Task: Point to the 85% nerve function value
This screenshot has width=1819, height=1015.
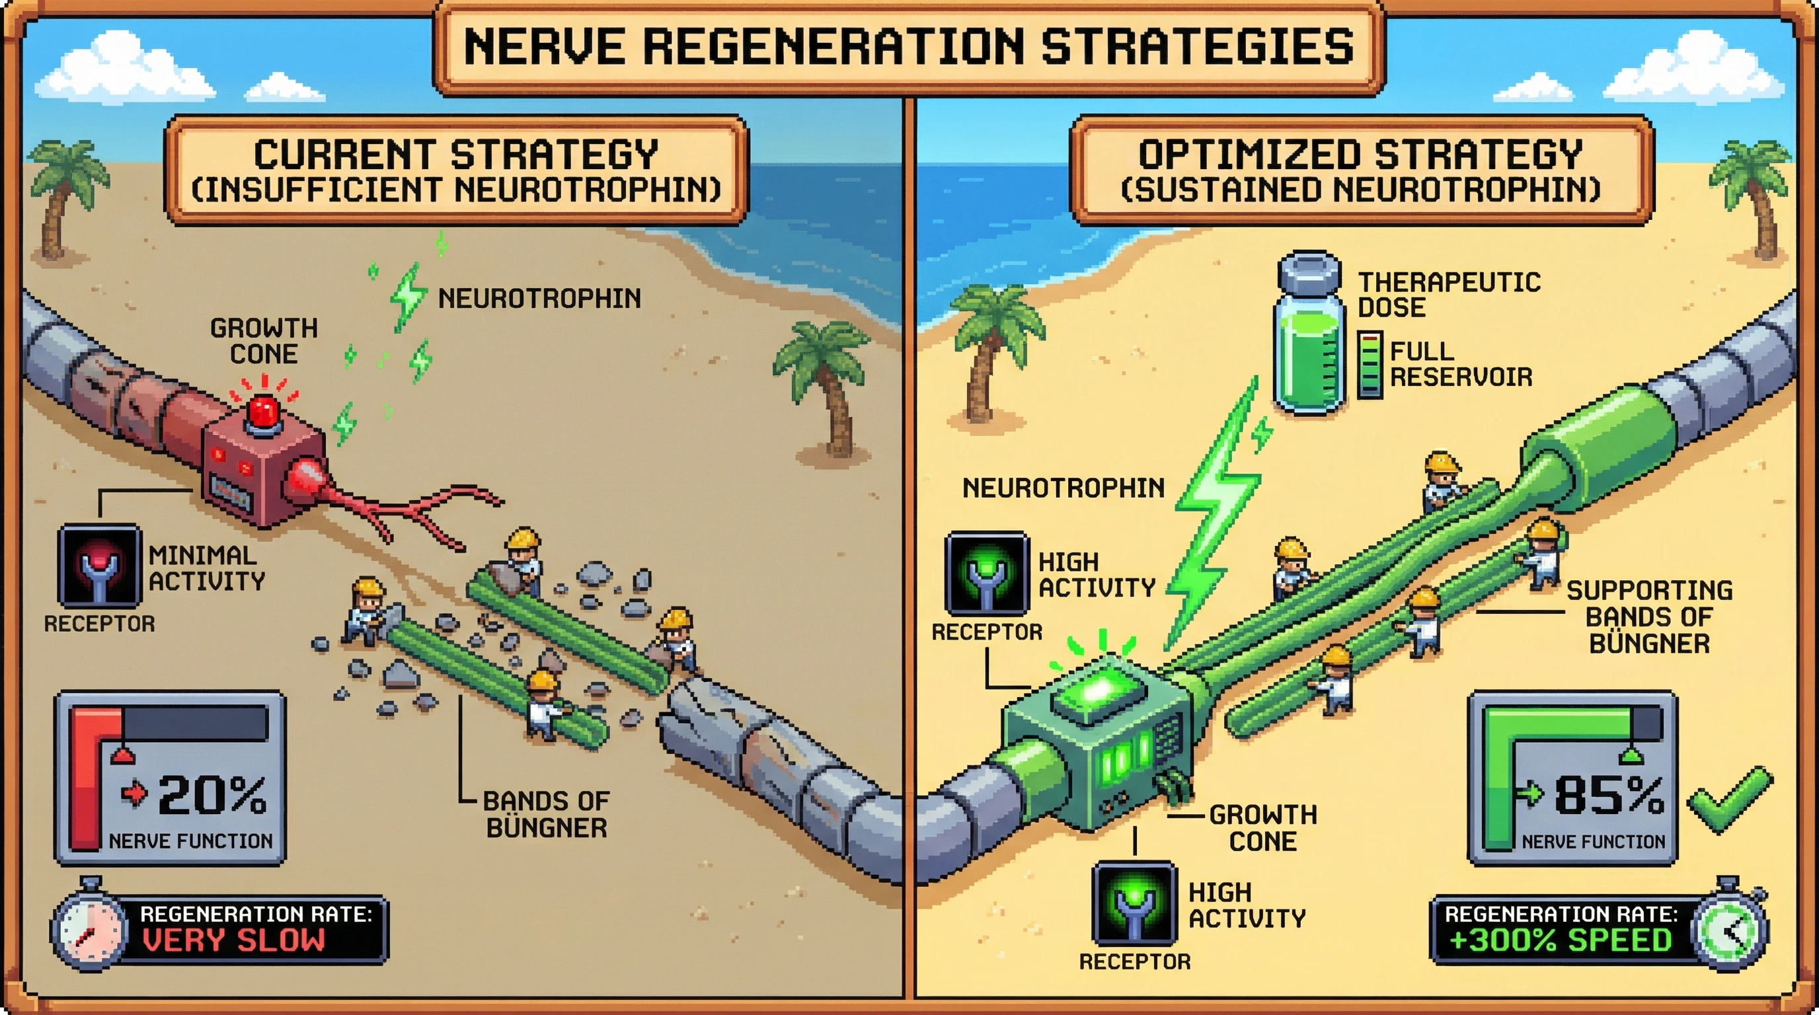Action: [1609, 796]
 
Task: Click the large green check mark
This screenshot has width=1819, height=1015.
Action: [1729, 801]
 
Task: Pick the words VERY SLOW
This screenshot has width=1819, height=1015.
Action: [234, 941]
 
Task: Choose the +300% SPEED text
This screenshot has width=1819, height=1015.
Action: [1560, 941]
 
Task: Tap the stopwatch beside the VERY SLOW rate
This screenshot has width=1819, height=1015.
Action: [90, 925]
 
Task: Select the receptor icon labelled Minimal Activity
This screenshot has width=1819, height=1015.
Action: [100, 566]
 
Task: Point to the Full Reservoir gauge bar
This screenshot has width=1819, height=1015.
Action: [1370, 365]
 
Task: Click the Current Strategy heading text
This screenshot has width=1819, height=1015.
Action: [456, 155]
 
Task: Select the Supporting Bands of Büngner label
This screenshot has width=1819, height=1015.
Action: [1649, 616]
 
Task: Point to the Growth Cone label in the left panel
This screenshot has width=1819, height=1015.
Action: [264, 341]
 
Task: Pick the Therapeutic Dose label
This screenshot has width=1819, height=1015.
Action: [1449, 294]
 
